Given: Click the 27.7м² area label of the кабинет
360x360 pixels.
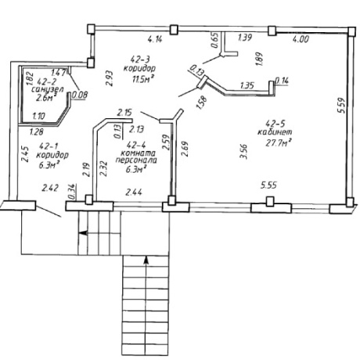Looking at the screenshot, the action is tap(279, 143).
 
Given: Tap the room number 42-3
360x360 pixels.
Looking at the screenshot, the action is tap(140, 59).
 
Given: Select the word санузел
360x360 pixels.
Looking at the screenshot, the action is tap(48, 89).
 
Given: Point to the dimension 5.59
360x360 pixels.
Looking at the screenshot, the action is tap(341, 105).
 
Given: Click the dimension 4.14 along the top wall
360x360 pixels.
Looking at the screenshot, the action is tap(155, 39).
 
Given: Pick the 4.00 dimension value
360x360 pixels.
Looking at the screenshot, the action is tap(301, 39).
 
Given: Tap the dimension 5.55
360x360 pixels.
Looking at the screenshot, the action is tap(268, 185).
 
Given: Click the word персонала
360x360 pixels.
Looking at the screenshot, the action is tap(136, 160).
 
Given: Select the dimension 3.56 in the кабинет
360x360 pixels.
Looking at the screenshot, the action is tap(243, 152).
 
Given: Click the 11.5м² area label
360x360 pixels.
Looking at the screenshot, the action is tap(142, 79).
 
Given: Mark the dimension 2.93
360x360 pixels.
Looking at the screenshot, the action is tap(109, 78).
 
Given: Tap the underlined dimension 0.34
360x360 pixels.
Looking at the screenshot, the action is tap(72, 192).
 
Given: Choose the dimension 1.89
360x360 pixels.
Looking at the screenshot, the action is tap(259, 59).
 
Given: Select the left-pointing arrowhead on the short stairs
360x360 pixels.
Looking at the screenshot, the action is tap(83, 232).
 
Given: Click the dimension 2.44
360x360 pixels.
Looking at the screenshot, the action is tap(134, 193).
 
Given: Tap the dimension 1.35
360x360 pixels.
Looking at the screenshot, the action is tap(247, 85).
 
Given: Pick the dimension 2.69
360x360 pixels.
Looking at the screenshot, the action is tap(185, 149).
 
